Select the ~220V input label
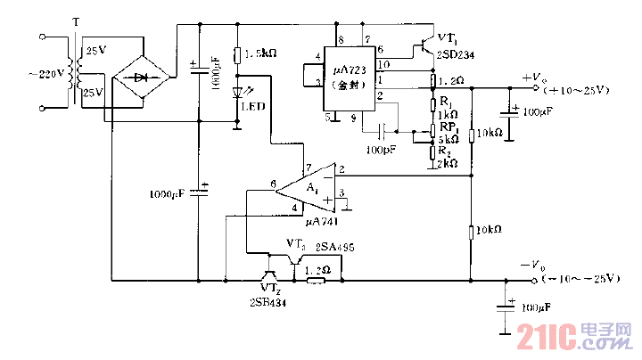coord(33,74)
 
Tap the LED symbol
coord(237,93)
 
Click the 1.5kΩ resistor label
coord(260,53)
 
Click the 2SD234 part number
coord(456,53)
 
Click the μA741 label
coord(320,220)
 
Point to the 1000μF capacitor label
coord(170,193)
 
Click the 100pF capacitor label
coord(381,149)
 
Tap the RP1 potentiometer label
coord(449,127)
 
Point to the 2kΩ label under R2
coord(448,163)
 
